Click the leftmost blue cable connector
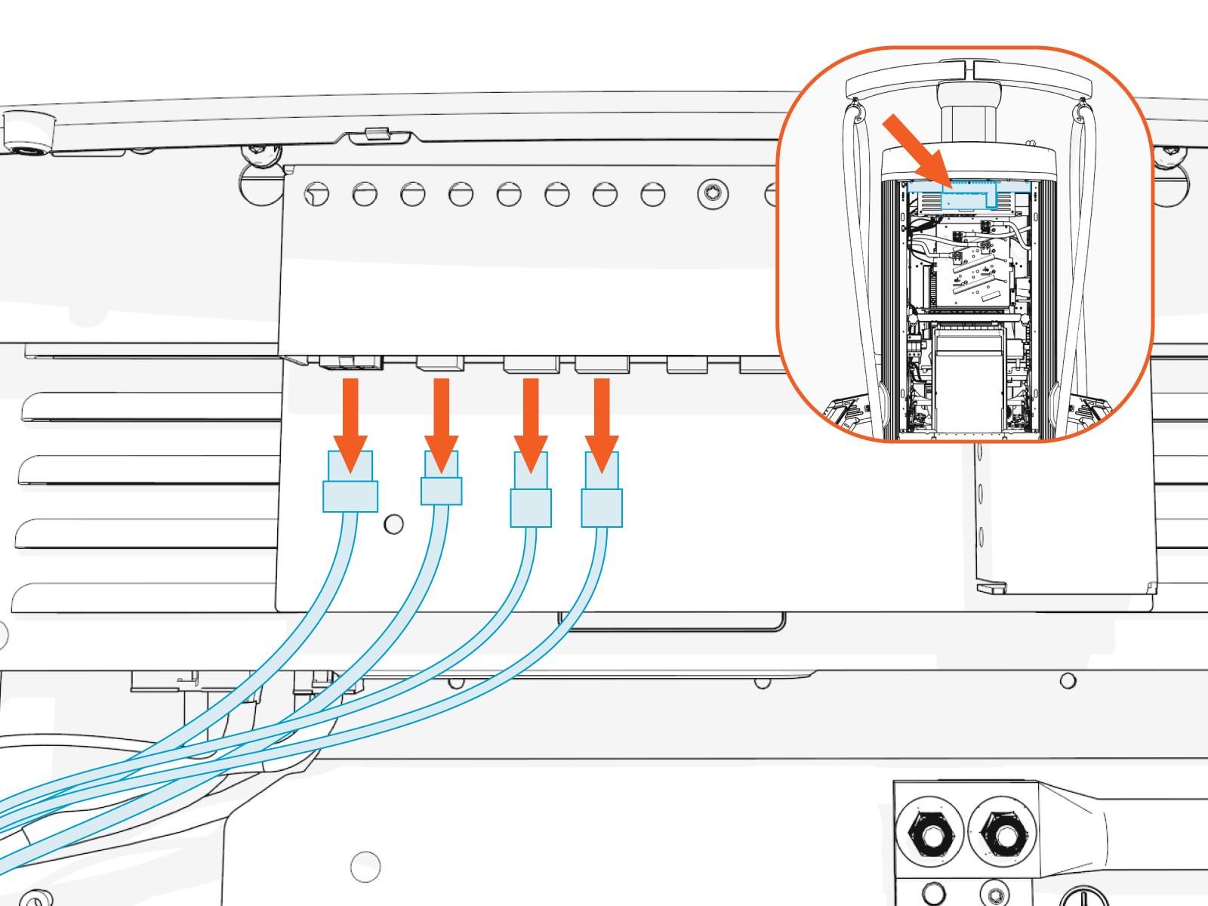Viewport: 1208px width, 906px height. [350, 483]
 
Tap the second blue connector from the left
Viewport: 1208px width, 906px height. [442, 479]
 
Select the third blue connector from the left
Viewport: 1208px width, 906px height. [531, 491]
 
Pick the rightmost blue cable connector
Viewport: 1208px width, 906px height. [602, 491]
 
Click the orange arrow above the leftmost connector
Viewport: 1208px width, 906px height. [350, 423]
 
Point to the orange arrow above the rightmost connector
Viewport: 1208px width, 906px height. [602, 423]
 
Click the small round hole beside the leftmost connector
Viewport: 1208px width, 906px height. [393, 524]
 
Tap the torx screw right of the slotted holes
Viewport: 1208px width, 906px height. [713, 193]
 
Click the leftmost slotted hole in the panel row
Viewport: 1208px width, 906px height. [317, 194]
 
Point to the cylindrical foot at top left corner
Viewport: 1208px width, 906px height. [29, 132]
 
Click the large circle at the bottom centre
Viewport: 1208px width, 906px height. [365, 867]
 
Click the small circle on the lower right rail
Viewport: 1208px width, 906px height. [1068, 681]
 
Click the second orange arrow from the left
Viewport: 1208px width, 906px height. [442, 423]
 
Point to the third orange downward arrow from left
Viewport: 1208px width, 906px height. [531, 423]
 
